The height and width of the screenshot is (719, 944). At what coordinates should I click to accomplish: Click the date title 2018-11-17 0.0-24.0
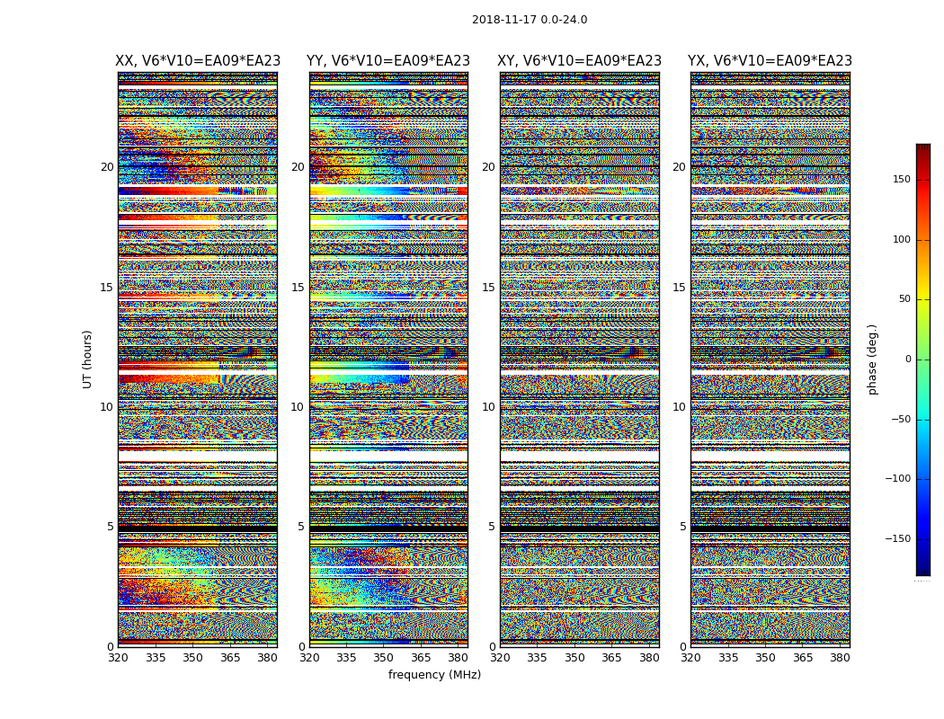click(530, 20)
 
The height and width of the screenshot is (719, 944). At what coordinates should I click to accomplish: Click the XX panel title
click(198, 61)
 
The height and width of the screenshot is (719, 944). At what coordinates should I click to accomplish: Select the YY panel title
click(388, 61)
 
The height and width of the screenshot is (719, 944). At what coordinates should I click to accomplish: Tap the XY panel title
click(580, 61)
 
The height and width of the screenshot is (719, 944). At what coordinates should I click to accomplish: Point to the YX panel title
click(770, 61)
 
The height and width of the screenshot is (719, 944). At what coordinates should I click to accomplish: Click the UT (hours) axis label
click(87, 359)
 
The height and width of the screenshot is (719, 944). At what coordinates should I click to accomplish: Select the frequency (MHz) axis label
click(434, 675)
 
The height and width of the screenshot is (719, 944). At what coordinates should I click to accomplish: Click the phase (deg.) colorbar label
click(873, 359)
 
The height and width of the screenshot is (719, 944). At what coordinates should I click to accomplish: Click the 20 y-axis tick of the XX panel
click(107, 167)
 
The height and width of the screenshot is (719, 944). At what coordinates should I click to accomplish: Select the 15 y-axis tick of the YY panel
click(298, 288)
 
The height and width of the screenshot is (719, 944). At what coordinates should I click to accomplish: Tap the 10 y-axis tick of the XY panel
click(488, 407)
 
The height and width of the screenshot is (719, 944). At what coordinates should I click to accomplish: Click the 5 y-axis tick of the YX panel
click(682, 527)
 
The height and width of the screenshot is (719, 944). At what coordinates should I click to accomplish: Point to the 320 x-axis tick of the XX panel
click(118, 658)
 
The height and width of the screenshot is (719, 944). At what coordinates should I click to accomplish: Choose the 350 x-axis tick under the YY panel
click(384, 658)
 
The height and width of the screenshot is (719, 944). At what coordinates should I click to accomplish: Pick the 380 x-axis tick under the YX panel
click(840, 658)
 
